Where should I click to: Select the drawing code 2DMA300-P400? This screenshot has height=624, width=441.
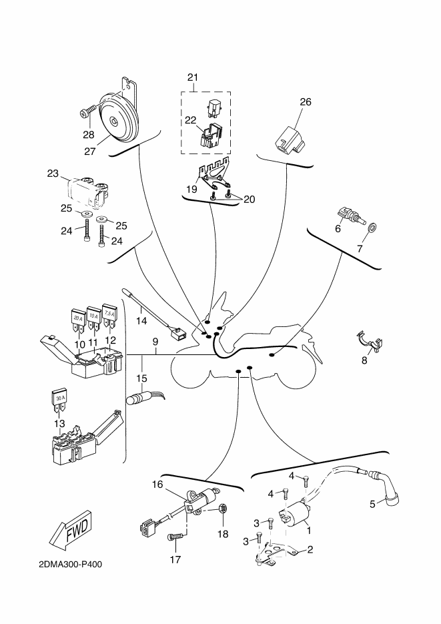tap(70, 563)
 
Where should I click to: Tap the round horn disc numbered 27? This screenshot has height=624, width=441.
tap(117, 121)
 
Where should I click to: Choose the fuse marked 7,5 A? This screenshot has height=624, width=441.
tap(109, 315)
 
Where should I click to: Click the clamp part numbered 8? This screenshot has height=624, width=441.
tap(369, 341)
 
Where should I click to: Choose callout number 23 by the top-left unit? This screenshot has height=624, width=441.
tap(53, 174)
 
